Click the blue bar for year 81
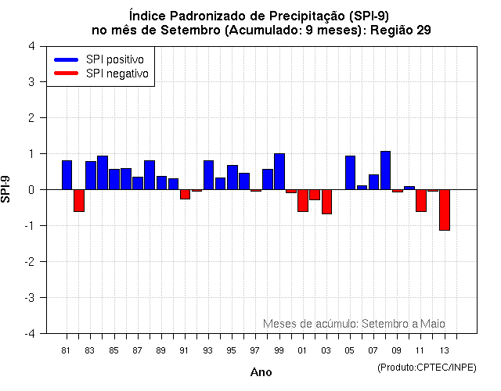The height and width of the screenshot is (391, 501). coord(67,174)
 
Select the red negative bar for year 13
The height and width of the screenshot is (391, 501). coord(444,210)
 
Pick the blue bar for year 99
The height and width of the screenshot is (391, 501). coord(279,171)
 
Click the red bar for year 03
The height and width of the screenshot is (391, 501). coord(326,202)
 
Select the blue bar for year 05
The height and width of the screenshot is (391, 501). coord(350,172)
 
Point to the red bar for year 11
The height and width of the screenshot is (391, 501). coord(420,200)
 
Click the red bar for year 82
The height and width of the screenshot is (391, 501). coord(78,200)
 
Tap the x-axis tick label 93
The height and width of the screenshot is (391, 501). coord(207,350)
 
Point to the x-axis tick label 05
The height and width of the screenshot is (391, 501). coord(350,350)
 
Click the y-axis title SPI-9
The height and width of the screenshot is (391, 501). coord(7,189)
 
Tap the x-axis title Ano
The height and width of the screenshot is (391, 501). coord(261,372)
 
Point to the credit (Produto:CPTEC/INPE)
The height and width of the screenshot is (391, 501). coord(427,367)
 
